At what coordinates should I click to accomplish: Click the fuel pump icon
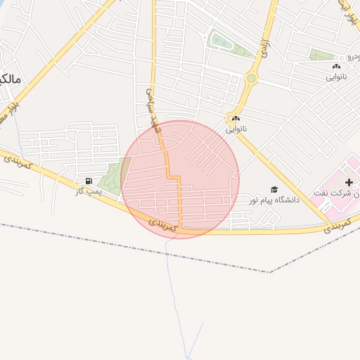tap(88, 181)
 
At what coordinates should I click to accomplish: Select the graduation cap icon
tap(274, 189)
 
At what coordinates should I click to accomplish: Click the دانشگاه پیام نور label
tap(274, 200)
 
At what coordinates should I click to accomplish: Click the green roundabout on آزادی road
tap(251, 79)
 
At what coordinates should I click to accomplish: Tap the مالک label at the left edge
tap(10, 79)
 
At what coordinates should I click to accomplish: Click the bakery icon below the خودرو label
tap(334, 66)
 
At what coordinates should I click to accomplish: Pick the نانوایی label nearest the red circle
tap(236, 129)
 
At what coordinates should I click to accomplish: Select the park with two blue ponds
tap(229, 44)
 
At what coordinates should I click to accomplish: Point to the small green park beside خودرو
tap(322, 54)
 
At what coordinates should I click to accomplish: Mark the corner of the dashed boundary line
tap(270, 272)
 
